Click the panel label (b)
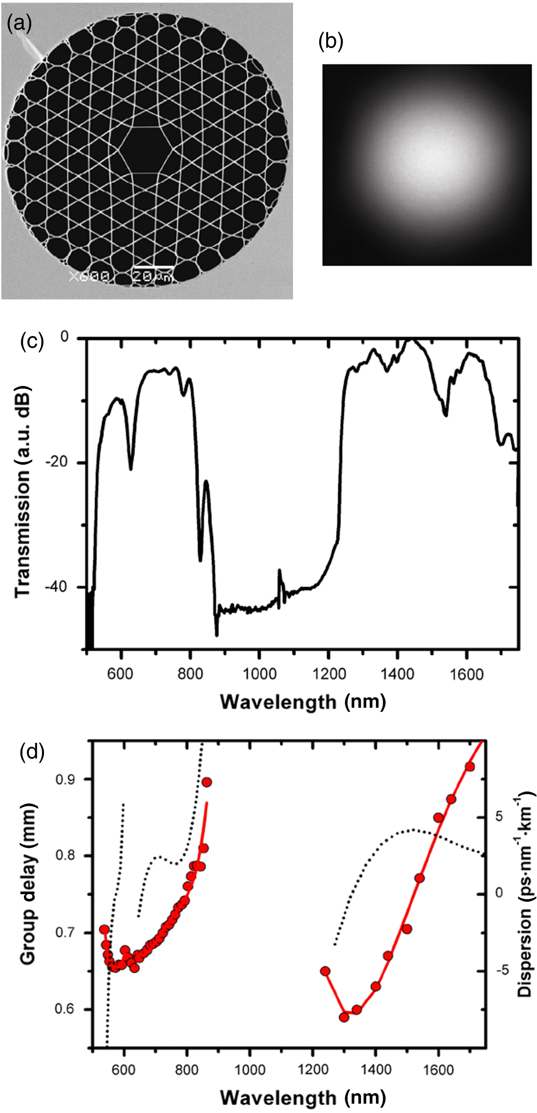coord(331,42)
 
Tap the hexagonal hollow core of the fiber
coord(147,149)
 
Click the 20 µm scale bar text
coord(151,276)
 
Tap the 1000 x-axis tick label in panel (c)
coord(259,674)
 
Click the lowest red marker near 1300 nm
coord(344,1017)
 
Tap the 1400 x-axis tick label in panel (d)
coord(375,1070)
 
